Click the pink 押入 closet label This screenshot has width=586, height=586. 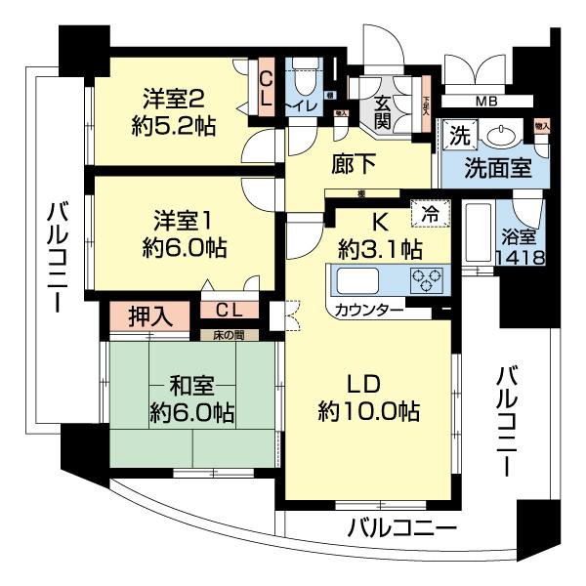[x=149, y=315]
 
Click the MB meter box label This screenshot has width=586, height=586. [x=485, y=103]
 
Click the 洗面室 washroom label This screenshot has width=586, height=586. [x=498, y=166]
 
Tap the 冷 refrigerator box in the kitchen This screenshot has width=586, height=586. [x=428, y=211]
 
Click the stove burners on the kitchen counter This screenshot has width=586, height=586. [x=426, y=278]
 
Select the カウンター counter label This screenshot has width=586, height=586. [x=367, y=311]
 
